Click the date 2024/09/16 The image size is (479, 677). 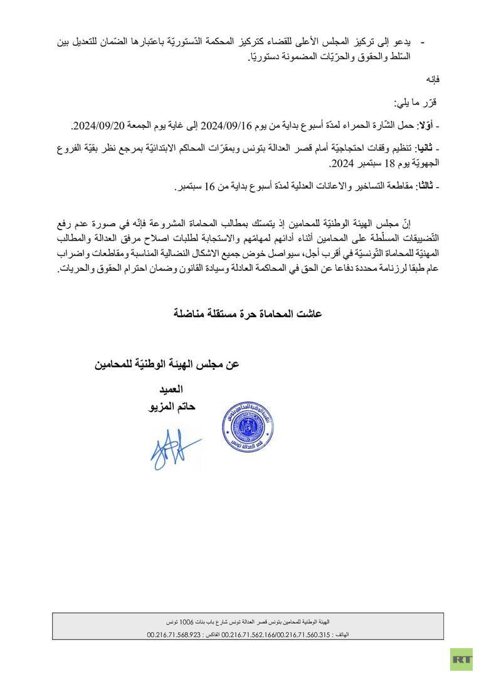click(x=226, y=126)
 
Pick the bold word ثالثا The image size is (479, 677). click(x=427, y=186)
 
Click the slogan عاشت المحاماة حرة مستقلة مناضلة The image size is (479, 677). click(x=247, y=313)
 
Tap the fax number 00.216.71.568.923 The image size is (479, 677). click(x=174, y=634)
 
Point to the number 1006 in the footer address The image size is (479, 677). click(x=186, y=622)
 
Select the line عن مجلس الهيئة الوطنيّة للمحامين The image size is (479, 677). click(x=167, y=364)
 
